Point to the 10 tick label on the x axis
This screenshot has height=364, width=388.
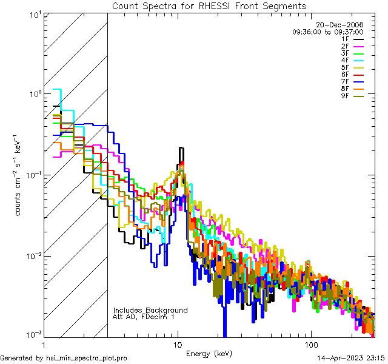click(x=178, y=344)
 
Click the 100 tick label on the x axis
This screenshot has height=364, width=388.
click(x=310, y=344)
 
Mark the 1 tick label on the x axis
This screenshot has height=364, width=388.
click(x=44, y=344)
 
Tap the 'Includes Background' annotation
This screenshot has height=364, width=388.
click(x=150, y=310)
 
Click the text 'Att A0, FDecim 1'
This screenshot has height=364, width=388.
click(x=144, y=317)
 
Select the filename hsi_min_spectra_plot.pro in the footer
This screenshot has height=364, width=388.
click(x=87, y=359)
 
